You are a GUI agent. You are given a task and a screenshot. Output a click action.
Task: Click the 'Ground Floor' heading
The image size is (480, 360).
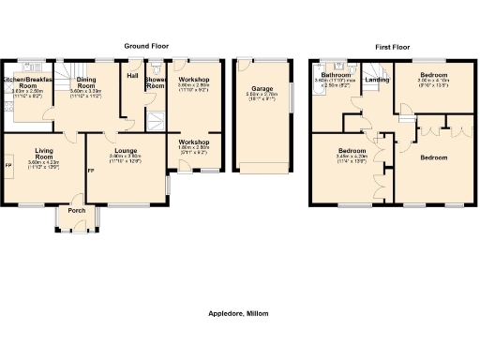pos(151,45)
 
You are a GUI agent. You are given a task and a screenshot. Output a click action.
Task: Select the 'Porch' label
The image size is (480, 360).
pos(76,210)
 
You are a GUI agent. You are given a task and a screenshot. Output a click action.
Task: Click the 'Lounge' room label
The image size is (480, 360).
pos(126,149)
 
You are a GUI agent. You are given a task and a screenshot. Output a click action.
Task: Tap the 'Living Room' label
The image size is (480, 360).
pos(44,153)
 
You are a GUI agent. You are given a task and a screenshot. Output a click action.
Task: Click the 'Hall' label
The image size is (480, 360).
pos(132,76)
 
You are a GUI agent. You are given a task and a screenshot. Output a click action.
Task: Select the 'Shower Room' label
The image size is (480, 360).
pos(155,83)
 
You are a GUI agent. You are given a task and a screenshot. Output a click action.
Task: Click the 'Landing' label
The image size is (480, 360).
pos(377,81)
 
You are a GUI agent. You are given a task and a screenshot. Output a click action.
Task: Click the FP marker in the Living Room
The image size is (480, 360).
pos(7,167)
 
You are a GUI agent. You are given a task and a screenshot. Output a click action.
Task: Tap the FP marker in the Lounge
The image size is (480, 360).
pos(91,172)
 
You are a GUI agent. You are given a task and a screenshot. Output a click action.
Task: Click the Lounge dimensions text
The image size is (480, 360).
pos(126,158)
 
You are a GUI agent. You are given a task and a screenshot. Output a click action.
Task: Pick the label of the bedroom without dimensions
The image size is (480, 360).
pos(434,157)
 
